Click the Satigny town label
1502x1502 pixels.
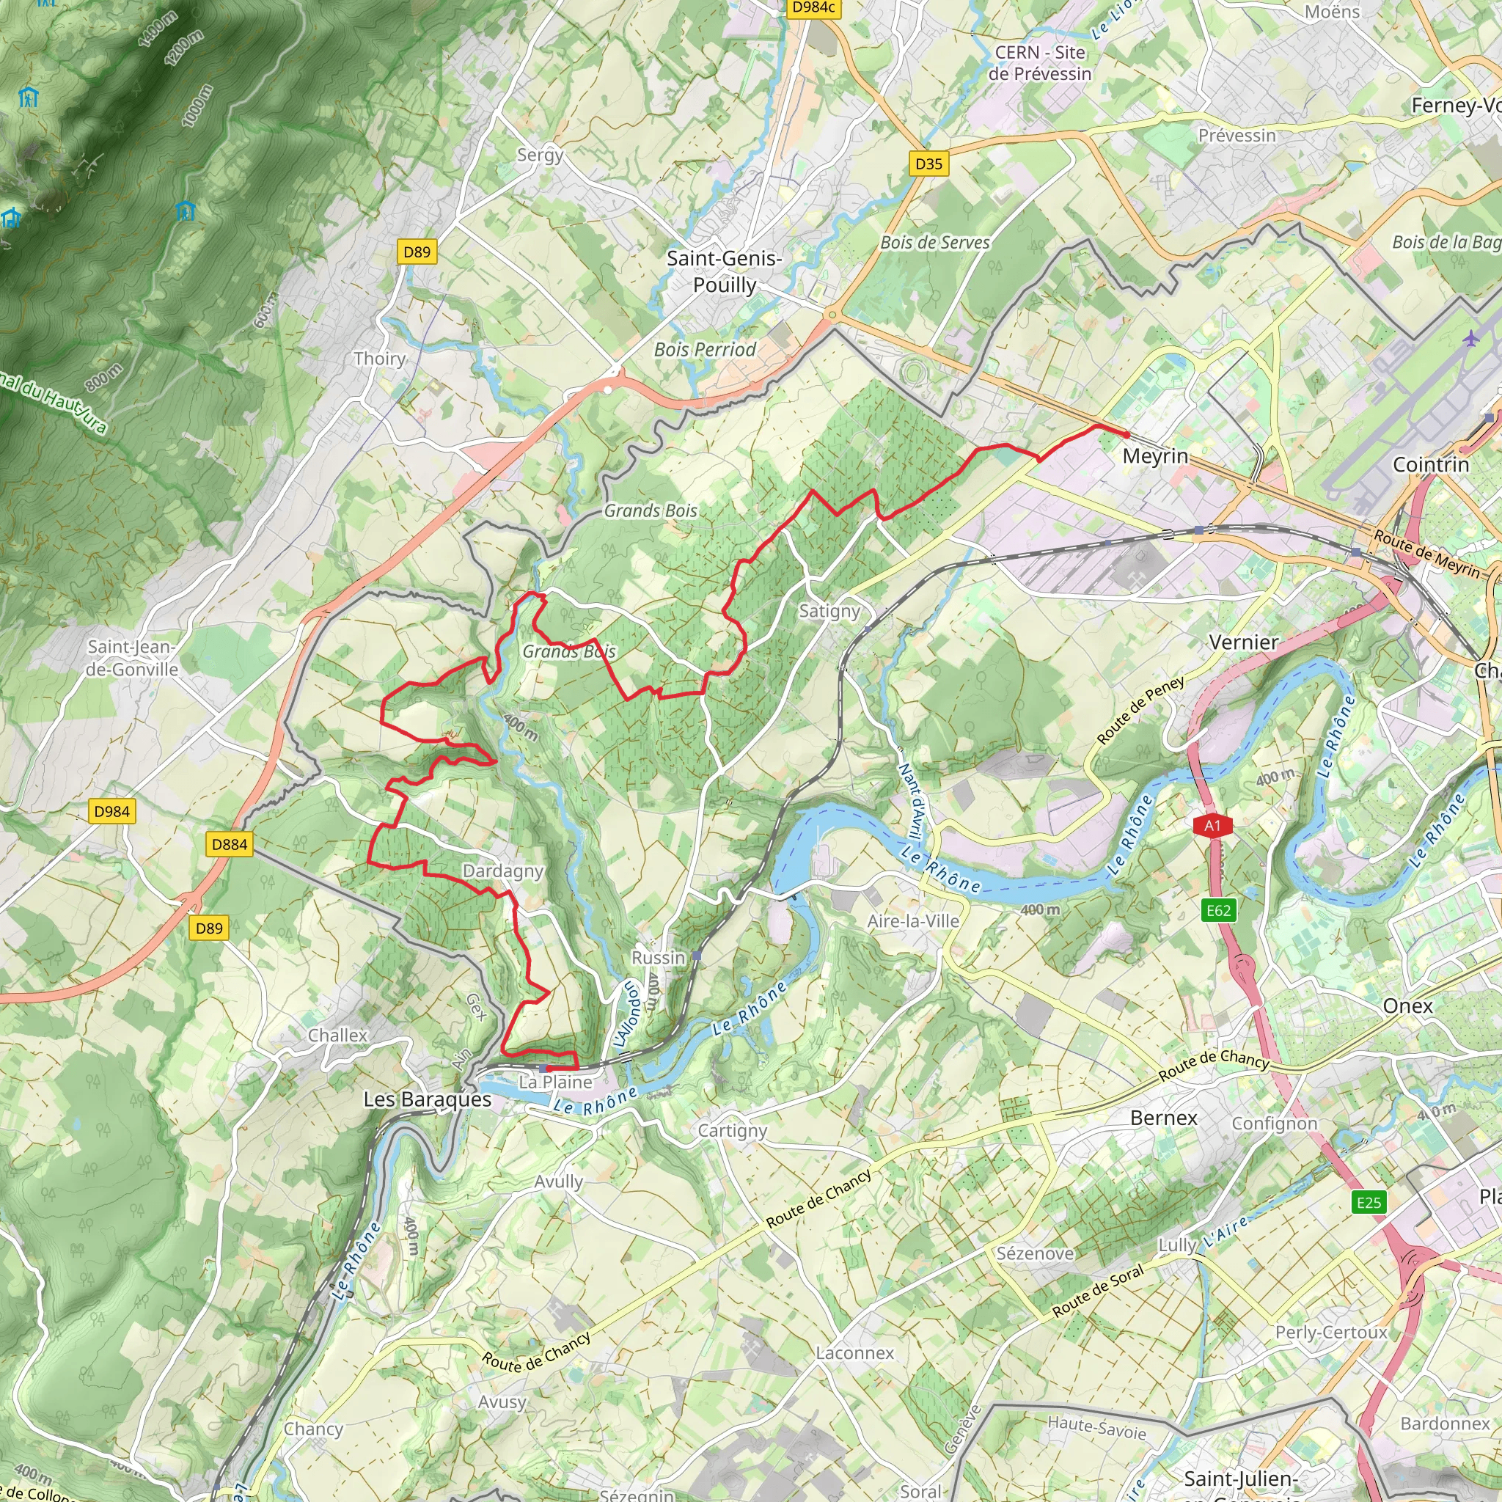829,611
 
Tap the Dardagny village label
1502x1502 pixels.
502,871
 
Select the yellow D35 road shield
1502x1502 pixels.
928,164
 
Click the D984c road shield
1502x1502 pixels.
813,8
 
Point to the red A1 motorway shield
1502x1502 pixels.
1213,826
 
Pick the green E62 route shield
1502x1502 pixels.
1218,910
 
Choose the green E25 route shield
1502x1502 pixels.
1369,1203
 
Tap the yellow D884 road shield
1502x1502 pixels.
230,844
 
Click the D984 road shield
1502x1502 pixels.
111,812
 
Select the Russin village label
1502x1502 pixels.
658,958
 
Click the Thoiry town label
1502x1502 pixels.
379,359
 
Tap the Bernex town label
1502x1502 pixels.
1163,1118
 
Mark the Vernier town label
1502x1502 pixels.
1243,642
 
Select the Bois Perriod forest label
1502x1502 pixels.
704,350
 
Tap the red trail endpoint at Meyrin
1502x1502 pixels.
1126,435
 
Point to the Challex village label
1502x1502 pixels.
337,1036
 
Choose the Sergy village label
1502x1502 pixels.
540,155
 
